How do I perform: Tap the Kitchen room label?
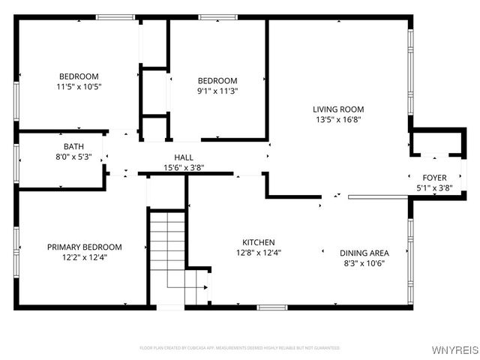pos(258,242)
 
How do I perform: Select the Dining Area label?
pos(364,253)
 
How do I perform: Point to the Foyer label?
pos(434,178)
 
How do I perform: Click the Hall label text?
pos(184,157)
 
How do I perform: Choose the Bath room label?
pos(73,147)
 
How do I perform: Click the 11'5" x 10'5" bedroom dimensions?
pos(79,86)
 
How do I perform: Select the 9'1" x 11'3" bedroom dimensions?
pos(217,91)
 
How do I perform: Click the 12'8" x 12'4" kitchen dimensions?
pos(258,253)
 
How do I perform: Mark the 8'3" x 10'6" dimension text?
pos(364,263)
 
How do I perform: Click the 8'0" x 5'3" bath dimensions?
pos(73,157)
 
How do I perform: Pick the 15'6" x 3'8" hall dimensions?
pos(184,167)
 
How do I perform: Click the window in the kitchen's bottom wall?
pos(271,307)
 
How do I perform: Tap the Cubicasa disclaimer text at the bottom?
pos(240,348)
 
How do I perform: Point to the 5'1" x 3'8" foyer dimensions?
pos(434,187)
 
